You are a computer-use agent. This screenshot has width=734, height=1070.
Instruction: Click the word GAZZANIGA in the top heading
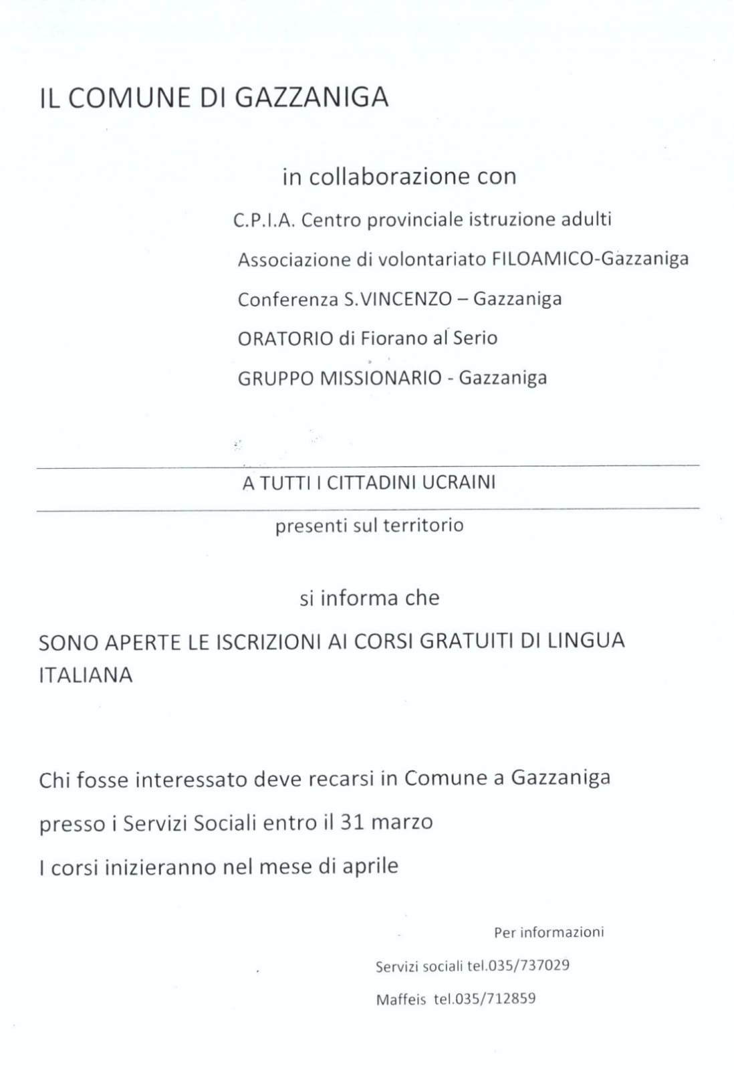click(312, 98)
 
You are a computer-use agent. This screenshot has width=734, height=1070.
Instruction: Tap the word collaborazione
click(380, 177)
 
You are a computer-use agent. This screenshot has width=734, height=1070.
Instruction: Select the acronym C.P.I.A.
click(264, 220)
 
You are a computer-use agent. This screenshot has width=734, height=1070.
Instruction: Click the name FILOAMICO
click(542, 259)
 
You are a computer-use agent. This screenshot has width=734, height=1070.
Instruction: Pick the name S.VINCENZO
click(398, 299)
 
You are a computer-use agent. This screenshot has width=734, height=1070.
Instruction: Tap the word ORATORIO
click(285, 338)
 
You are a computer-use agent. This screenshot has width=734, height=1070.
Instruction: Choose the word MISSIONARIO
click(381, 378)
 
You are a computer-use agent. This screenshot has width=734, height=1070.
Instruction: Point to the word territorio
click(423, 525)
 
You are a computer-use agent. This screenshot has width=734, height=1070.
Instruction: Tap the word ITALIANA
click(86, 675)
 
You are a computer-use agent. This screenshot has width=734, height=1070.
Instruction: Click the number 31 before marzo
click(352, 821)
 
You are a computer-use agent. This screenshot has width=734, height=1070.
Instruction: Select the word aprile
click(370, 867)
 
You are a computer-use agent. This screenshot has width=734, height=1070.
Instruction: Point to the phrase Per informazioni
click(549, 932)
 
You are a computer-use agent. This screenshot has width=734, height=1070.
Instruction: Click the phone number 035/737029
click(529, 966)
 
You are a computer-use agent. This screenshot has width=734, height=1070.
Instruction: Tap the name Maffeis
click(400, 1000)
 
